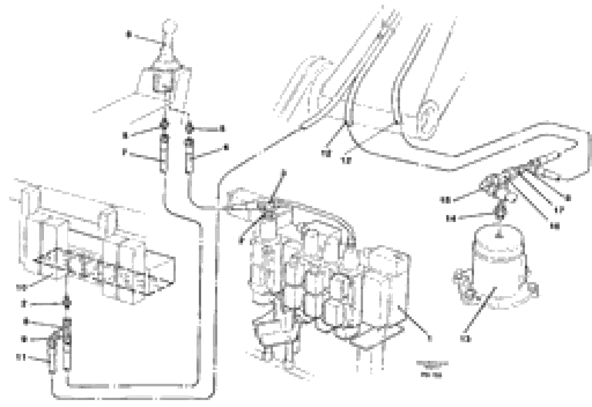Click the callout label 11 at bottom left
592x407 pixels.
(21, 357)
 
